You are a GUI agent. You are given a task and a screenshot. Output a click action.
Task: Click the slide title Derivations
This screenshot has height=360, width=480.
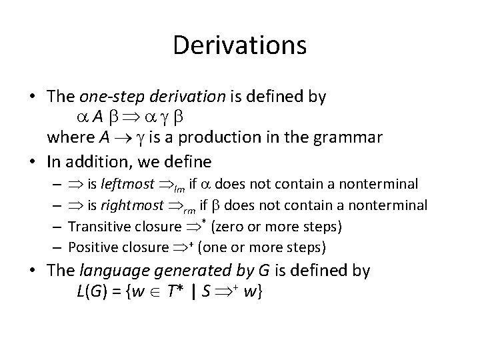point(239,45)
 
